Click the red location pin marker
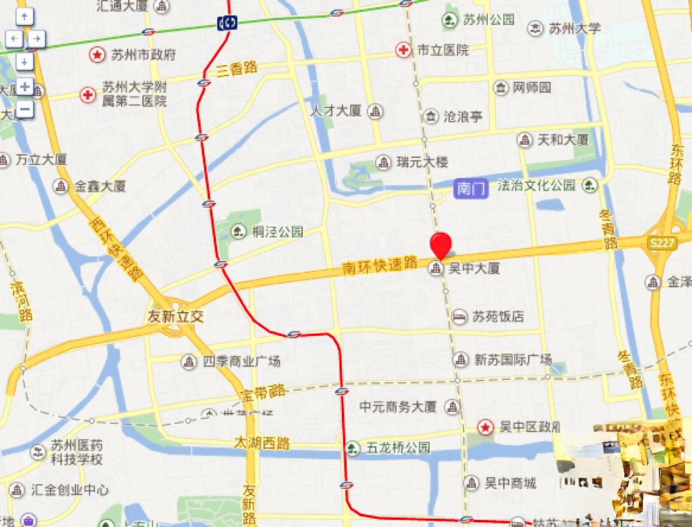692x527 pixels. pyautogui.click(x=441, y=245)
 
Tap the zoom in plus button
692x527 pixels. pyautogui.click(x=25, y=87)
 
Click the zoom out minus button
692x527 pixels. pyautogui.click(x=25, y=109)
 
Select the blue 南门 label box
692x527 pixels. pyautogui.click(x=471, y=188)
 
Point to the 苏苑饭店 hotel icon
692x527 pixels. pyautogui.click(x=459, y=316)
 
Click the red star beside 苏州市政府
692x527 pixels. pyautogui.click(x=98, y=55)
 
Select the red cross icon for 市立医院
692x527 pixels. pyautogui.click(x=403, y=50)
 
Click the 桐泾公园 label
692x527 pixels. pyautogui.click(x=277, y=232)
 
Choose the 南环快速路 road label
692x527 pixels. pyautogui.click(x=380, y=265)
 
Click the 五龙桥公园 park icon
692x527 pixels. pyautogui.click(x=353, y=448)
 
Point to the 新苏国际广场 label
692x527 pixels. pyautogui.click(x=513, y=359)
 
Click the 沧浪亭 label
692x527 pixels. pyautogui.click(x=462, y=116)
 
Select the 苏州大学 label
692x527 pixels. pyautogui.click(x=575, y=28)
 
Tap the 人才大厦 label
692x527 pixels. pyautogui.click(x=336, y=111)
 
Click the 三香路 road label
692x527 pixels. pyautogui.click(x=236, y=69)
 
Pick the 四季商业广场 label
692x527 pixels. pyautogui.click(x=242, y=361)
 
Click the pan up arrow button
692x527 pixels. pyautogui.click(x=25, y=16)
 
